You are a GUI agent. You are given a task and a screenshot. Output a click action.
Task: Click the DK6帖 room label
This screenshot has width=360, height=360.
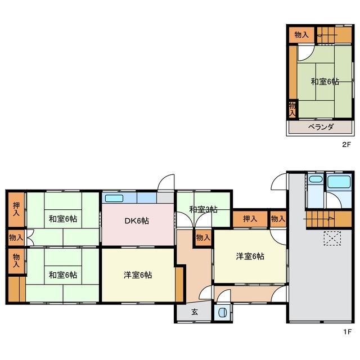click(137, 221)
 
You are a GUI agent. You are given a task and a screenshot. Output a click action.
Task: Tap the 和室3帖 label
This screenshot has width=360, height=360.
click(203, 209)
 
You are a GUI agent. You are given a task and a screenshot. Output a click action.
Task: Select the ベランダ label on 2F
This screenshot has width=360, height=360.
click(321, 127)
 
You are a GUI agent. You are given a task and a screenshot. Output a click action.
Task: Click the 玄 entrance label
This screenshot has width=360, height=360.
click(195, 312)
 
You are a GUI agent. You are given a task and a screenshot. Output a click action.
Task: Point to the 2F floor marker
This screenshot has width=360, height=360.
click(346, 145)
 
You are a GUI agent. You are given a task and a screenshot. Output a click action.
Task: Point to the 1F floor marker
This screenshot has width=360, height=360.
click(348, 332)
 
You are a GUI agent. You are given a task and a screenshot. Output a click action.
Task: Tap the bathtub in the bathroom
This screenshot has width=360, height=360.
click(339, 182)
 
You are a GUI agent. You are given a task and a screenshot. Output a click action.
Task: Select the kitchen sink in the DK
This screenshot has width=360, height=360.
click(114, 198)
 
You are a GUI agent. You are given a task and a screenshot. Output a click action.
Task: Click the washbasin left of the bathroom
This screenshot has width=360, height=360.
click(316, 179)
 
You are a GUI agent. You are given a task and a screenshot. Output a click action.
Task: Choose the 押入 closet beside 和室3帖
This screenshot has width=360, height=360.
click(250, 219)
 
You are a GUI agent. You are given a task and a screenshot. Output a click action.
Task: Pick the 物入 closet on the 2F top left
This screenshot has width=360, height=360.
click(301, 35)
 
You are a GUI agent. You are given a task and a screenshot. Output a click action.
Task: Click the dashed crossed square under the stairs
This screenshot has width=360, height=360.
click(332, 238)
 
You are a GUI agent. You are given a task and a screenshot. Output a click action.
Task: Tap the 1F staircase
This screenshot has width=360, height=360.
click(328, 220)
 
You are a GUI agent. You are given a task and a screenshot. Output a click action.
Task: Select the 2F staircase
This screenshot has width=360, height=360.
click(334, 35)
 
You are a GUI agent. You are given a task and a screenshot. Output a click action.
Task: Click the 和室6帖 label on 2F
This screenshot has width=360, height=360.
click(325, 82)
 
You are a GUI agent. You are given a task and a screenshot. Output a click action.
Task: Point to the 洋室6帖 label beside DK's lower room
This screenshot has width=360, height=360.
click(138, 275)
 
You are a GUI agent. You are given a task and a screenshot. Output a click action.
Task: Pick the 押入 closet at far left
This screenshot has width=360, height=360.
click(16, 209)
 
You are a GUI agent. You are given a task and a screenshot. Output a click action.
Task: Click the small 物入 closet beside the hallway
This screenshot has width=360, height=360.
click(204, 237)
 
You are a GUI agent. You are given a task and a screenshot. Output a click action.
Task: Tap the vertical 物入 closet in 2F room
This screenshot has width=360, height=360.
click(292, 109)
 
